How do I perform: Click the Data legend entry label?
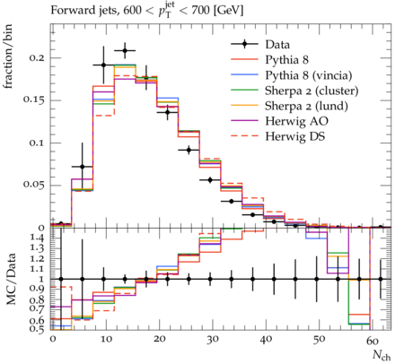277,45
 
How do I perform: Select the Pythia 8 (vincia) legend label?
309,75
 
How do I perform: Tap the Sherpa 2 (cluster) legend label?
312,91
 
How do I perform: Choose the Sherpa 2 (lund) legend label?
306,106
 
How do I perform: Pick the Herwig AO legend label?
296,121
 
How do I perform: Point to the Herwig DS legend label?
295,136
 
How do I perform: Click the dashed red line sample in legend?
244,135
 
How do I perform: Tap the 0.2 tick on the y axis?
37,57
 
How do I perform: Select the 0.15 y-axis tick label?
34,100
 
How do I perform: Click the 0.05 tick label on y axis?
34,185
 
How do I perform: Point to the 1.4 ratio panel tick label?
37,238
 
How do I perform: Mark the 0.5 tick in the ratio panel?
37,328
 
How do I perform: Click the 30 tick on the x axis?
212,340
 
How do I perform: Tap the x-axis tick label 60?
372,340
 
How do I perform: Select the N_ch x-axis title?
382,355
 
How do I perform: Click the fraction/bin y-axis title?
8,56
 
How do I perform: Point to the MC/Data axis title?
11,279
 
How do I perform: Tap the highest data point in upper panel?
125,50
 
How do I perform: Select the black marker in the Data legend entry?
244,45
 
